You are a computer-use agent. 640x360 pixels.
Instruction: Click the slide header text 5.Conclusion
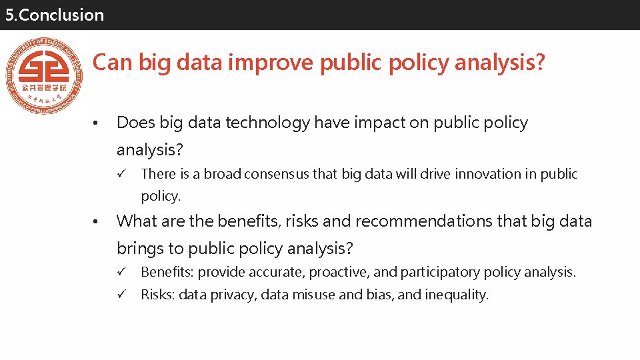(55, 15)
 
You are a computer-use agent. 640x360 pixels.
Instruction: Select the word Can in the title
(109, 63)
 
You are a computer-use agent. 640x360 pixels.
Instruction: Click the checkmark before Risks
(122, 295)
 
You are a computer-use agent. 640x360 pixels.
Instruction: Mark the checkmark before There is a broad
(122, 174)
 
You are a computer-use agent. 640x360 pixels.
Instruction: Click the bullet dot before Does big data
(96, 124)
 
